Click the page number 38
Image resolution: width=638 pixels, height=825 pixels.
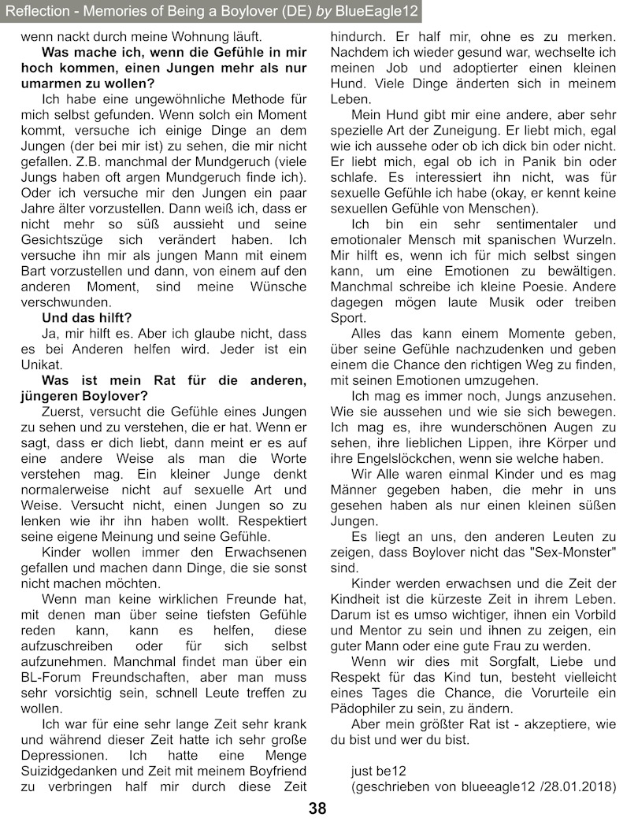coord(317,808)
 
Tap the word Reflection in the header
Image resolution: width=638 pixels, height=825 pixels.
coord(36,10)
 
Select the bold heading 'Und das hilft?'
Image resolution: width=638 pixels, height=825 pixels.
coord(87,319)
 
